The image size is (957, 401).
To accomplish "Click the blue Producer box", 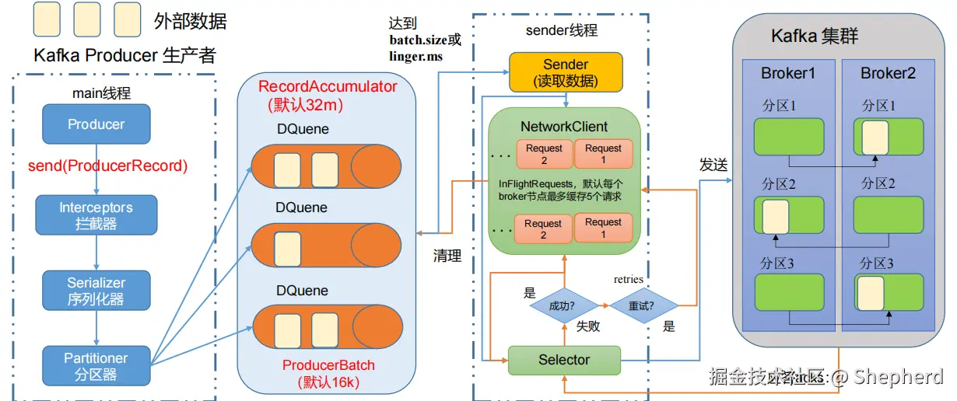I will pyautogui.click(x=96, y=124).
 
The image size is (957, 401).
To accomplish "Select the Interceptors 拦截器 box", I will pyautogui.click(x=96, y=215).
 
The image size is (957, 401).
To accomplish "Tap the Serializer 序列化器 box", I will pyautogui.click(x=96, y=291).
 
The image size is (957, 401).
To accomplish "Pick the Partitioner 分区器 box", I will pyautogui.click(x=96, y=365).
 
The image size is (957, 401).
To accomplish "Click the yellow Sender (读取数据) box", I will pyautogui.click(x=566, y=72).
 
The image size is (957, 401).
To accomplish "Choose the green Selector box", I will pyautogui.click(x=564, y=360).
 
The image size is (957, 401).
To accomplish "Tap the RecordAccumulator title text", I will pyautogui.click(x=328, y=87).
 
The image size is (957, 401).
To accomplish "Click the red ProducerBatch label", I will pyautogui.click(x=328, y=365).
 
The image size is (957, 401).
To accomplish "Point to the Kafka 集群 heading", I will pyautogui.click(x=815, y=37).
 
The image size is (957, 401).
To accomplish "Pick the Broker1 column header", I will pyautogui.click(x=788, y=74).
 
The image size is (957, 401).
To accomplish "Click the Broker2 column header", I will pyautogui.click(x=888, y=74).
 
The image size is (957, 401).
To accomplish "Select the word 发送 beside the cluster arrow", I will pyautogui.click(x=713, y=166).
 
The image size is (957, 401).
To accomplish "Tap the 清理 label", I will pyautogui.click(x=447, y=256).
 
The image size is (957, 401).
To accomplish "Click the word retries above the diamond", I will pyautogui.click(x=628, y=279).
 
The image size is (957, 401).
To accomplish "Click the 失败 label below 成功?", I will pyautogui.click(x=588, y=326).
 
